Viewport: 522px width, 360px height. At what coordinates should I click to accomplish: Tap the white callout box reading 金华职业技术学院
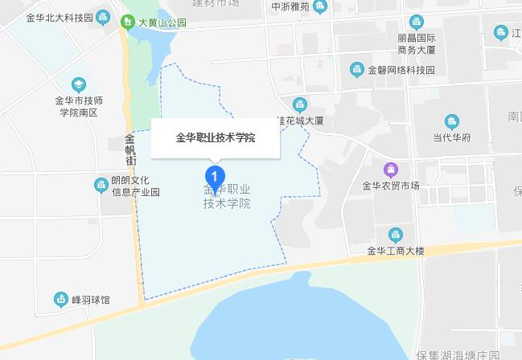click(x=216, y=137)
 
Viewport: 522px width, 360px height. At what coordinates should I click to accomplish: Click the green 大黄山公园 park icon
click(x=128, y=22)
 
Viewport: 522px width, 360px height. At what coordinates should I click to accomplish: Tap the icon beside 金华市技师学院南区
click(x=78, y=84)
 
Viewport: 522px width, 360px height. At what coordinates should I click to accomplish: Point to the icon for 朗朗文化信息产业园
click(x=101, y=186)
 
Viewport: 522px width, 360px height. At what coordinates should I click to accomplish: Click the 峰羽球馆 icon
click(x=60, y=299)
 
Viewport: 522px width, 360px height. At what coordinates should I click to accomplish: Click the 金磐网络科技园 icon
click(x=356, y=70)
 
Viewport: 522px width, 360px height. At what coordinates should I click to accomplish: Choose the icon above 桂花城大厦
click(x=300, y=104)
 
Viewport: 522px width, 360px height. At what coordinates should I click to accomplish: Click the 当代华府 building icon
click(x=451, y=122)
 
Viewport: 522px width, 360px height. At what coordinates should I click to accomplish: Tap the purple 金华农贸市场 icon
click(x=390, y=170)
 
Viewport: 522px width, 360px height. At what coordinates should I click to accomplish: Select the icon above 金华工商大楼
click(x=395, y=235)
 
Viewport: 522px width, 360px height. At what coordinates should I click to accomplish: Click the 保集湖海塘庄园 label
click(x=458, y=354)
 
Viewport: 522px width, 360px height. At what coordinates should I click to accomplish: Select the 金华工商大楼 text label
click(x=395, y=251)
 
